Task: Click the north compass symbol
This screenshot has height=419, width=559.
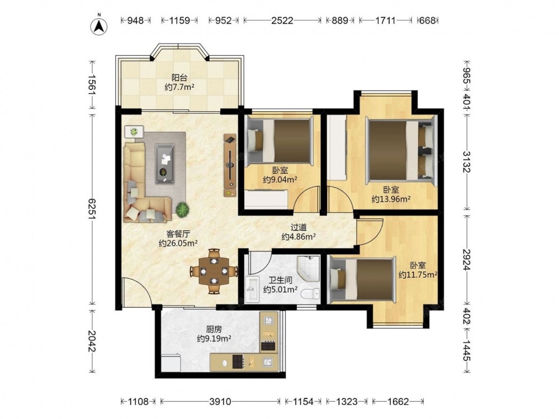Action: point(100,25)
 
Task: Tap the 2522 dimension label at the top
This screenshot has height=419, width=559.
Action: point(282,21)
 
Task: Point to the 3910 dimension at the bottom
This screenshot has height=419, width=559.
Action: point(220,402)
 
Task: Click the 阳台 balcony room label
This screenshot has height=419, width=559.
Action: point(179,78)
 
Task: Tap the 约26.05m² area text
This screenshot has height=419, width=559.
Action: point(178,244)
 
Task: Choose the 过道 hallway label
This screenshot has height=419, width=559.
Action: point(299,227)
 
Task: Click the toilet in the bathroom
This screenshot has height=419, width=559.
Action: point(310,294)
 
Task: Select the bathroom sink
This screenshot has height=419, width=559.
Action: point(254,289)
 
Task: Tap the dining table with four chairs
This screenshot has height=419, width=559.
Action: point(213,271)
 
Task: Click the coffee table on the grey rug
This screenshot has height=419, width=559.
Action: point(165,164)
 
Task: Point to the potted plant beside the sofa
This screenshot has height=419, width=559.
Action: point(182,209)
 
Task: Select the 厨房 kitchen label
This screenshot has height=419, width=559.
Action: point(214,329)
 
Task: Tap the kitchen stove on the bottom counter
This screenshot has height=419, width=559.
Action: point(238,361)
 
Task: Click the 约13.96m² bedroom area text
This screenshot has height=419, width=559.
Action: point(391,199)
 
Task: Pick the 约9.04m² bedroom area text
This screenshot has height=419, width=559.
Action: point(280,180)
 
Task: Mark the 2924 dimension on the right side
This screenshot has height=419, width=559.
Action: point(467,259)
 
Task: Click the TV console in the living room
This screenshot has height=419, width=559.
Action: point(230,165)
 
